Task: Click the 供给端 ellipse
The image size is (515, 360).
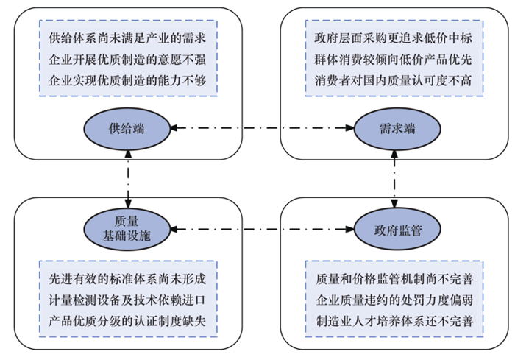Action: point(127,129)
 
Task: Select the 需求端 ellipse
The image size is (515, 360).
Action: point(397,129)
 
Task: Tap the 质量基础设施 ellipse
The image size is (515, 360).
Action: point(127,229)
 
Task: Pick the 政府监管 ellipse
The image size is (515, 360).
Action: point(397,229)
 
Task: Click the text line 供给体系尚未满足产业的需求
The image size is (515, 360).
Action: point(127,38)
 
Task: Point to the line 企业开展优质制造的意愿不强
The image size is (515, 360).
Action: point(127,60)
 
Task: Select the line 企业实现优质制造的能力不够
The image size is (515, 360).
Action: point(127,80)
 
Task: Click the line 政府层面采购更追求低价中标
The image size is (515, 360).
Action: point(393,38)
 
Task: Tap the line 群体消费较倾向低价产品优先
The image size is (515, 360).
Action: point(393,60)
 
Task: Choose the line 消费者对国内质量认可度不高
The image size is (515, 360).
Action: point(393,80)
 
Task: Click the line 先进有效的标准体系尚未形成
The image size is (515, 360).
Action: point(127,279)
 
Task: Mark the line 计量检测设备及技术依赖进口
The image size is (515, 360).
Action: point(127,300)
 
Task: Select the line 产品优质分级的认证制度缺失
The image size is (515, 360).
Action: point(127,321)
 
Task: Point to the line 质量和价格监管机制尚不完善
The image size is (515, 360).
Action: point(394,279)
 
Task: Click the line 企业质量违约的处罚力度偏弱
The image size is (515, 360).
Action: point(394,300)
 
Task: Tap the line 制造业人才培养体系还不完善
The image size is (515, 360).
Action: point(394,321)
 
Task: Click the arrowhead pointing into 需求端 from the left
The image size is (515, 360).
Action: point(350,128)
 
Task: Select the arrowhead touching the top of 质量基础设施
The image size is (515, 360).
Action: point(128,203)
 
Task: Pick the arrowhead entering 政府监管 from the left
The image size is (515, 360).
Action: point(350,229)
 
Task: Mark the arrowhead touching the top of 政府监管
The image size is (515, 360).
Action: point(394,203)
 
